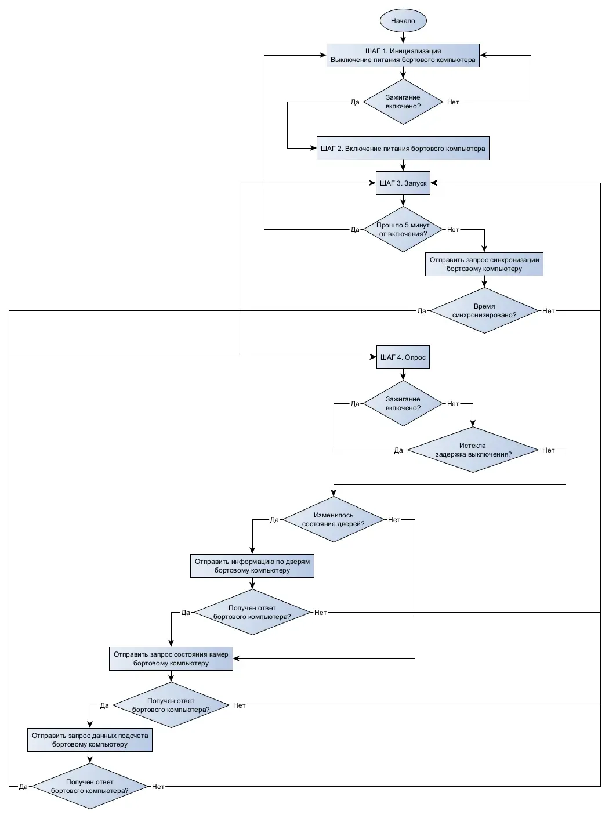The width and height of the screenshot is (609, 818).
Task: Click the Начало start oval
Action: (403, 21)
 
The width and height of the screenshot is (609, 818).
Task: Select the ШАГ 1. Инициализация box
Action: (403, 55)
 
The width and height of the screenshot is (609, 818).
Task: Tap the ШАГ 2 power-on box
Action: (403, 149)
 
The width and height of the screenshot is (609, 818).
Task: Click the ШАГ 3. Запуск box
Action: (403, 183)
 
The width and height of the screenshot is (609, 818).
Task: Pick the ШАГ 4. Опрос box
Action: (403, 357)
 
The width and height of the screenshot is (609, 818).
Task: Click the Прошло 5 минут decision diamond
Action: (403, 229)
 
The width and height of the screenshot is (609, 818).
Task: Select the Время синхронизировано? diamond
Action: (484, 310)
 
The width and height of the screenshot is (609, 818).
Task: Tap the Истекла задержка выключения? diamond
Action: (473, 450)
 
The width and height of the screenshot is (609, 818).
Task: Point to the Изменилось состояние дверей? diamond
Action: (333, 519)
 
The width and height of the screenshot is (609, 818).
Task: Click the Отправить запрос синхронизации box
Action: (484, 264)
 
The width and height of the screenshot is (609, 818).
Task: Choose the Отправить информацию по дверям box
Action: (252, 566)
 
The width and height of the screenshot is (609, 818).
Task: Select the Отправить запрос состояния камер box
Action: (171, 658)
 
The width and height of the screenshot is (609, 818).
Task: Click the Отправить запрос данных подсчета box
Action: (90, 740)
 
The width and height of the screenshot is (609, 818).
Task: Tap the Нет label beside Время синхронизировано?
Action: (548, 311)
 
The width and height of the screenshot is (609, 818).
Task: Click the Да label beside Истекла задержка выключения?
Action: (398, 450)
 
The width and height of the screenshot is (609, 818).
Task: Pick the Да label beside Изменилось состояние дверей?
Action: (274, 520)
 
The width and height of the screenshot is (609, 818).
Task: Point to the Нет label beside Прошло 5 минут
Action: (452, 230)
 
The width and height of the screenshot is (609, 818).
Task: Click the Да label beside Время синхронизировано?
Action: (421, 311)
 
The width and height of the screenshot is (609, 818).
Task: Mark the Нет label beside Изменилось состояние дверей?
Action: (394, 520)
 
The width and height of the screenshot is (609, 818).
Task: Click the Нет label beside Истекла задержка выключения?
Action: (548, 450)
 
